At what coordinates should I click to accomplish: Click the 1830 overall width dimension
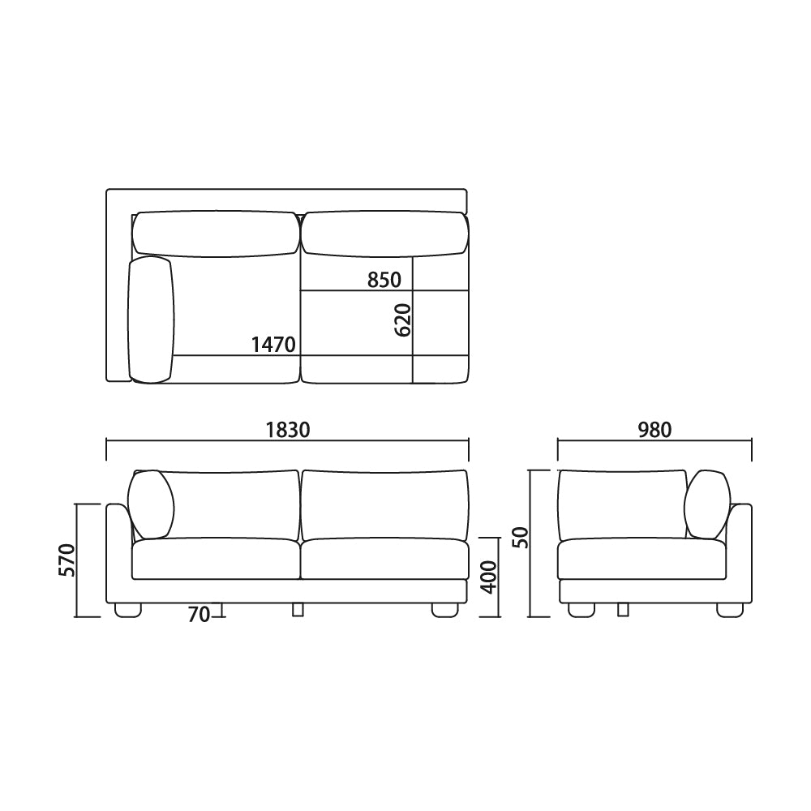point(288,429)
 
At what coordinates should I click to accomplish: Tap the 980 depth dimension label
point(654,429)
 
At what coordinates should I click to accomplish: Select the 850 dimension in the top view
point(384,280)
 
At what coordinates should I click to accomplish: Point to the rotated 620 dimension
point(403,320)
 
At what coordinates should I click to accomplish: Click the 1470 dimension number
point(273,344)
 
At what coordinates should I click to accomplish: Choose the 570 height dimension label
point(67,560)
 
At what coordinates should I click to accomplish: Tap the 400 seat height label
point(489,577)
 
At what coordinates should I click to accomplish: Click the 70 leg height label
point(199,615)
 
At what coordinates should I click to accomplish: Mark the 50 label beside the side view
point(521,538)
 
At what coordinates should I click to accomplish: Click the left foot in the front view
point(128,610)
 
